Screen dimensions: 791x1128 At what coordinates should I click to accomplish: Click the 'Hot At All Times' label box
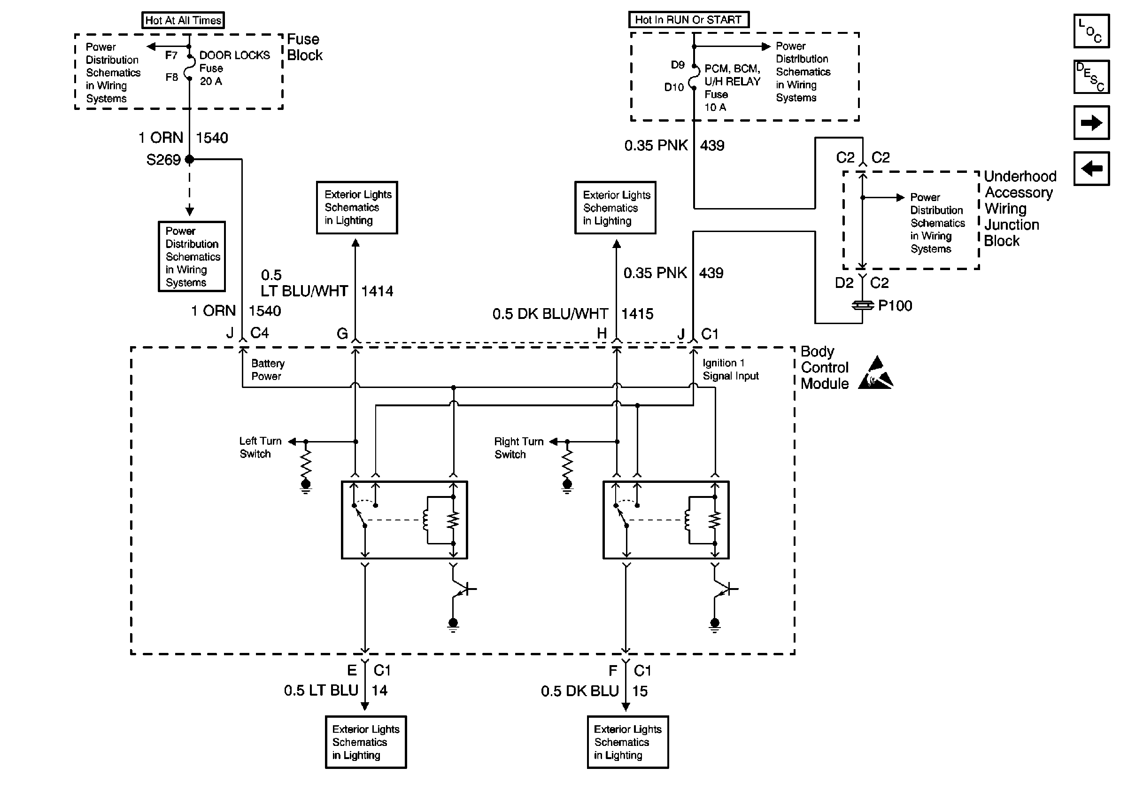(x=183, y=20)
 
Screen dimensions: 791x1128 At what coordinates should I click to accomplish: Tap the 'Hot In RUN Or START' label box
(x=688, y=20)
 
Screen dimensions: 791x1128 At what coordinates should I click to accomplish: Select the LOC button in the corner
(x=1091, y=31)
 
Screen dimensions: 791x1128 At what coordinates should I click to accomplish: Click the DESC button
(x=1091, y=77)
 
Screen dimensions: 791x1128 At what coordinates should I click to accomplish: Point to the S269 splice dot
(x=190, y=159)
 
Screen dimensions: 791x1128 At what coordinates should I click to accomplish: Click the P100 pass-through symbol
(x=862, y=306)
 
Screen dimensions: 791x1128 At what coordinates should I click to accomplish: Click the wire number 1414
(x=377, y=291)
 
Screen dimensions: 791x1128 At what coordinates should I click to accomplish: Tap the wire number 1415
(x=637, y=314)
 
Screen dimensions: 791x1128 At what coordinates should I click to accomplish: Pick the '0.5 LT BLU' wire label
(x=321, y=691)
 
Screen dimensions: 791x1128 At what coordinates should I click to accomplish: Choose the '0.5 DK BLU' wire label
(x=579, y=691)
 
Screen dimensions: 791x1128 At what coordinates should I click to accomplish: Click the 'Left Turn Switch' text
(x=260, y=448)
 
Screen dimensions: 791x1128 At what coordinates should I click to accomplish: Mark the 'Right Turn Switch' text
(x=518, y=448)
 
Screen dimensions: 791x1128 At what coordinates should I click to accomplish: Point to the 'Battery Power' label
(x=267, y=370)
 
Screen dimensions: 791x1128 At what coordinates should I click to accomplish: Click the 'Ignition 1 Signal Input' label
(x=730, y=370)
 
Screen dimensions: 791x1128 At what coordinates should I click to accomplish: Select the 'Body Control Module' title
(x=824, y=367)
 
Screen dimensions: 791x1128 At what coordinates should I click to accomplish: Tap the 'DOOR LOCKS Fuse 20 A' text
(x=234, y=68)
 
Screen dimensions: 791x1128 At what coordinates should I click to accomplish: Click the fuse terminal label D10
(x=673, y=87)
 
